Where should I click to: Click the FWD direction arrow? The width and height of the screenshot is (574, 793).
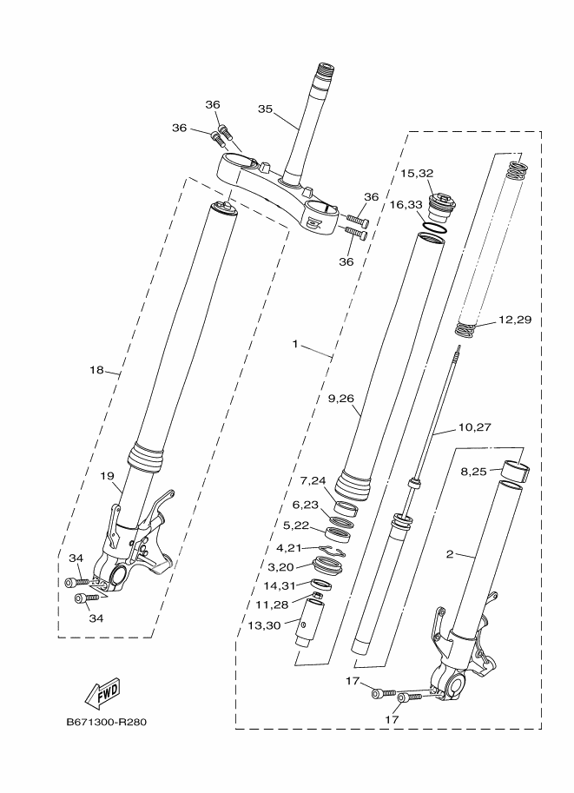coord(102,692)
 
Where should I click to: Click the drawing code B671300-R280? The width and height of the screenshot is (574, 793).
coord(112,722)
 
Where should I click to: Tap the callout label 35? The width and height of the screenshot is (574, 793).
coord(266,109)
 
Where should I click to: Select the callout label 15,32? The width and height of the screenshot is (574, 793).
coord(417,173)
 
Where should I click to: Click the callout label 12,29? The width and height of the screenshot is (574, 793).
coord(515,321)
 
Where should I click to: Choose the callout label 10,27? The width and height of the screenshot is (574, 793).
coord(474,427)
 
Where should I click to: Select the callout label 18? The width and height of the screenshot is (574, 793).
coord(96,370)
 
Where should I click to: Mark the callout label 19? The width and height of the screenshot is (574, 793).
coord(106,476)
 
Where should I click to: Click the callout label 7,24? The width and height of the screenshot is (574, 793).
coord(314,480)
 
